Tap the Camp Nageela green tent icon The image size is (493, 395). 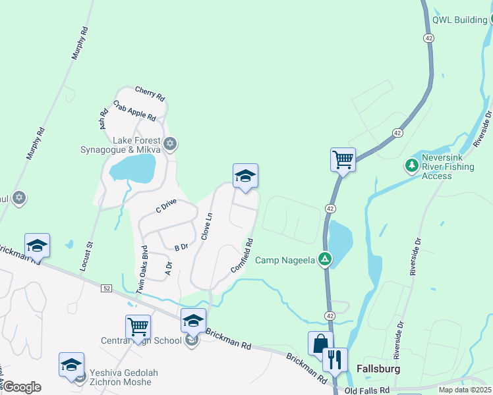click(324, 259)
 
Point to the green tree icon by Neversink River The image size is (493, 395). click(412, 165)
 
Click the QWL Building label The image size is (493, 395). click(459, 20)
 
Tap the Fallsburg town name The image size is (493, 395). click(378, 369)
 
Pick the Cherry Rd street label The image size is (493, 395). click(150, 93)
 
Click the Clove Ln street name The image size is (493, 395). click(206, 226)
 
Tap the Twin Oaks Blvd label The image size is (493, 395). click(141, 269)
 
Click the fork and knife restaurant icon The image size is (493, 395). click(335, 359)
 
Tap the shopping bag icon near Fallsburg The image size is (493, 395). click(320, 343)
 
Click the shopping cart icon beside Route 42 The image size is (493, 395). click(343, 159)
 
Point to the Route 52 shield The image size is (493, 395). click(107, 288)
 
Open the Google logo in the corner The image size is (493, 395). click(21, 387)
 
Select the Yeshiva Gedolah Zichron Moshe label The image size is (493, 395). click(125, 377)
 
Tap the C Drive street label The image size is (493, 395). click(166, 206)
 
